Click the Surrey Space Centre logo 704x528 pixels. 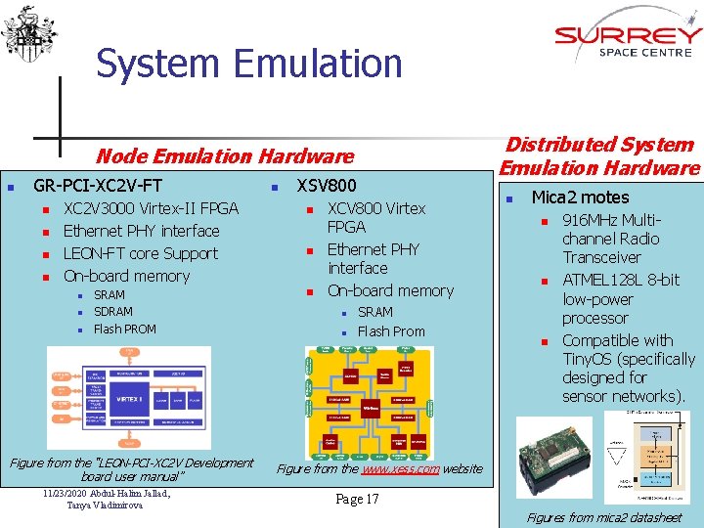click(628, 41)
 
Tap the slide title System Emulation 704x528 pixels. click(248, 65)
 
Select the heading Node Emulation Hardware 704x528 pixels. click(224, 155)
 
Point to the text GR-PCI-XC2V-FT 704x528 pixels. click(98, 185)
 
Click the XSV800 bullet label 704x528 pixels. click(327, 185)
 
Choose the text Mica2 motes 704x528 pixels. click(580, 197)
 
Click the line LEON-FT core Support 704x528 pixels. click(140, 253)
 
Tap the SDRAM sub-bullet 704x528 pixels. click(113, 312)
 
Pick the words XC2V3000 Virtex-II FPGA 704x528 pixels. click(151, 208)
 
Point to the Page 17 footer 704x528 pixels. click(357, 500)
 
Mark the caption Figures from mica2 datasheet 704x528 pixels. click(603, 517)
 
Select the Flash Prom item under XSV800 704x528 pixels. click(391, 331)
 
